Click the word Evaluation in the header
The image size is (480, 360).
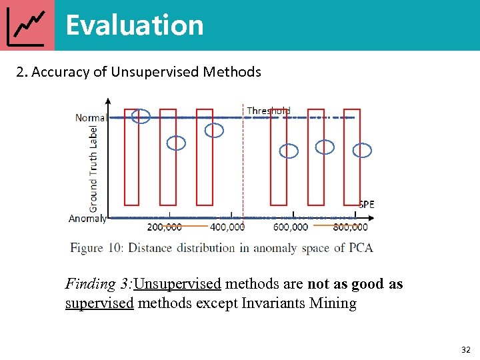coord(135,25)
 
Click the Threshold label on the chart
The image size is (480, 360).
coord(269,111)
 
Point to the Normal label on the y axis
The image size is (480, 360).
coord(91,118)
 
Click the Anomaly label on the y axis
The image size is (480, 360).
coord(87,218)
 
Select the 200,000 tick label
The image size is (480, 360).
coord(163,227)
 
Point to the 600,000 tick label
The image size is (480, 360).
coord(291,227)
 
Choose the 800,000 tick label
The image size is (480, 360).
coord(350,227)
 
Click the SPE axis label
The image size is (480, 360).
coord(367,205)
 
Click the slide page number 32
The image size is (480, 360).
coord(465,349)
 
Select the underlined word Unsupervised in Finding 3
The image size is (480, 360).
coord(177,285)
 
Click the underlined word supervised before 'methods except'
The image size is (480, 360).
coord(99,304)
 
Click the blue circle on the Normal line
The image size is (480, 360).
coord(141,116)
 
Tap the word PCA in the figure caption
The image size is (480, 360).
coord(360,248)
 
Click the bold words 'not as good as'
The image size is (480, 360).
coord(355,285)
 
